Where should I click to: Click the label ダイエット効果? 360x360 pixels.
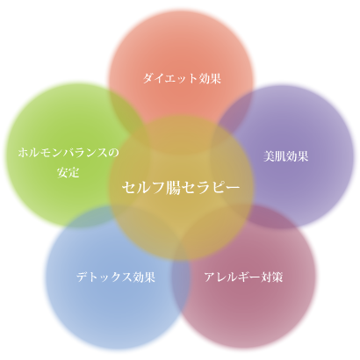point(182,78)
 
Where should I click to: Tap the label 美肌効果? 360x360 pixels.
point(285,156)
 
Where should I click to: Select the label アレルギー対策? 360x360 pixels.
point(243,277)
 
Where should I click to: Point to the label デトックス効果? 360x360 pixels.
point(116,277)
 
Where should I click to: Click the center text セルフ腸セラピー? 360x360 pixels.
point(181,187)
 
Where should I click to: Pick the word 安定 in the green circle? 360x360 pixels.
point(68,172)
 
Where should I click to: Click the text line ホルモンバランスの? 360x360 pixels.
point(68,153)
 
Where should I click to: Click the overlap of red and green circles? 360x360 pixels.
point(126,111)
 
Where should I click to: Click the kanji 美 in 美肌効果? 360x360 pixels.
point(269,156)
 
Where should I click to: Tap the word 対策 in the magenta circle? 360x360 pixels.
point(271,277)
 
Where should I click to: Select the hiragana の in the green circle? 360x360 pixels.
point(114,153)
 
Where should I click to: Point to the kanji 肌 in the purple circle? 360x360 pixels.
point(280,156)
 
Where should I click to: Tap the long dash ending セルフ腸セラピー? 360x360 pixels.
point(233,188)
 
